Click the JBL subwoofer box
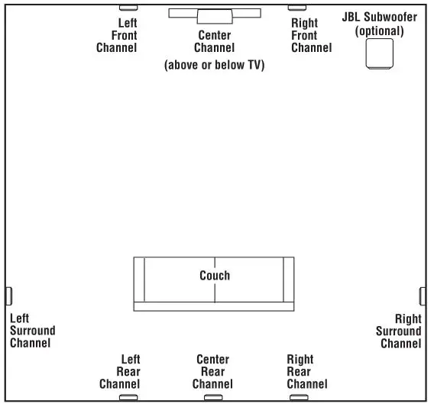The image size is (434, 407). coord(380,55)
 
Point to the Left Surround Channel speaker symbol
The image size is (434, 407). coord(9,296)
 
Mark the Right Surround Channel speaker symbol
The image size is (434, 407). coord(423,296)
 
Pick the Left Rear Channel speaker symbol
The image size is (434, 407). coord(129,397)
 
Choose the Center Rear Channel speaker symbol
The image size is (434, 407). coord(213,397)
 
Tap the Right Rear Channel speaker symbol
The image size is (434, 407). coord(298,397)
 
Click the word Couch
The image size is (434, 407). coord(215,276)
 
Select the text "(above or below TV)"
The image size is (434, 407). coord(215,66)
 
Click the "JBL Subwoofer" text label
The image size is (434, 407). coord(380,18)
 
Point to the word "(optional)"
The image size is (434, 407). coord(380,31)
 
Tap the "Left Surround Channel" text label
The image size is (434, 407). coord(32,331)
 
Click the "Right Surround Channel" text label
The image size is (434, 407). coord(399,331)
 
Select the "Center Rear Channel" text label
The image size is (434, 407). coord(213,372)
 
